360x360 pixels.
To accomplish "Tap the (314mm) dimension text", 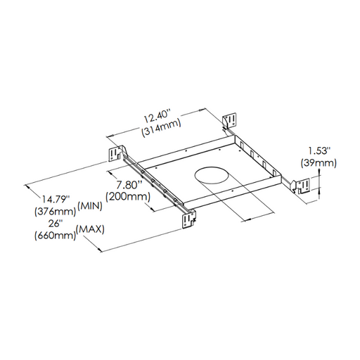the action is [x=161, y=128].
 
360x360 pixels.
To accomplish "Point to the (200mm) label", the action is [x=128, y=197].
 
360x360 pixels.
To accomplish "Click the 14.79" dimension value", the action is [x=56, y=199].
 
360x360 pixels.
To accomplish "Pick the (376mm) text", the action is [x=56, y=212].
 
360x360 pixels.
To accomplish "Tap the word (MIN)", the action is [x=90, y=206].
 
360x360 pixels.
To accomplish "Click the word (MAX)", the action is [x=90, y=229].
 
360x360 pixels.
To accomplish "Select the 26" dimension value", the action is [x=56, y=224].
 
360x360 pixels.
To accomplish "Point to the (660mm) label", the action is [x=56, y=236].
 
